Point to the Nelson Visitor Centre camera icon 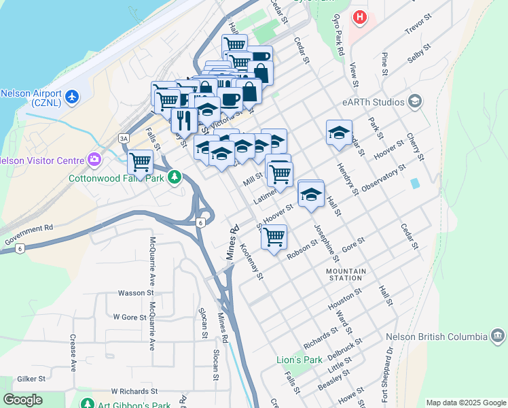94,161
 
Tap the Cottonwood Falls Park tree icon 175,178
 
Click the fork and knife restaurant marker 184,120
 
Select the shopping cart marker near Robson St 274,237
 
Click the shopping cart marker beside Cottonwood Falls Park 140,163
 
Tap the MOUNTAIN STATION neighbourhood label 346,274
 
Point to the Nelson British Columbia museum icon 496,336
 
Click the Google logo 23,400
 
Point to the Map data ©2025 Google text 465,403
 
